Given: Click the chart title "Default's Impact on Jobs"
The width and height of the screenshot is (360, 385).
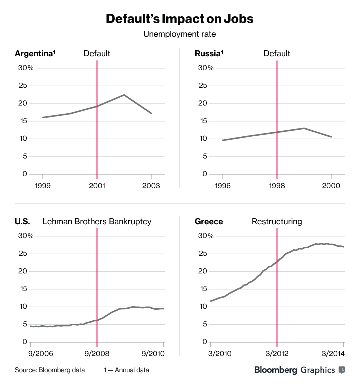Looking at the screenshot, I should (x=180, y=19).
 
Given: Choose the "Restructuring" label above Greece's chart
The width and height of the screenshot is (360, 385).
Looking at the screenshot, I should (x=277, y=221).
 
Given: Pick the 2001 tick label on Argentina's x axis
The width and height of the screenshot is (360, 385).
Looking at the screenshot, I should (x=97, y=185).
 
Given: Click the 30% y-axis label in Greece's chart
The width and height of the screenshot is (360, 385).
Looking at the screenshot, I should (x=205, y=236).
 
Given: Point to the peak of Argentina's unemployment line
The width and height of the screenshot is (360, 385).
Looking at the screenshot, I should (x=124, y=95).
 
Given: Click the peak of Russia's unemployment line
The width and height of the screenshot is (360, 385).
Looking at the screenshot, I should (x=304, y=128).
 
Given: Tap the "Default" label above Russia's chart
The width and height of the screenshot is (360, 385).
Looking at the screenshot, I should (x=277, y=54).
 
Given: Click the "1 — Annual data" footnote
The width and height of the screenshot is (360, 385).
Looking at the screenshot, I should (x=126, y=370).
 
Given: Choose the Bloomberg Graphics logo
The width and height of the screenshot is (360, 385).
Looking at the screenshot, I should (x=300, y=370).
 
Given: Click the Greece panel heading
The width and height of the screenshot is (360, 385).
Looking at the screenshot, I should (x=209, y=221).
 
